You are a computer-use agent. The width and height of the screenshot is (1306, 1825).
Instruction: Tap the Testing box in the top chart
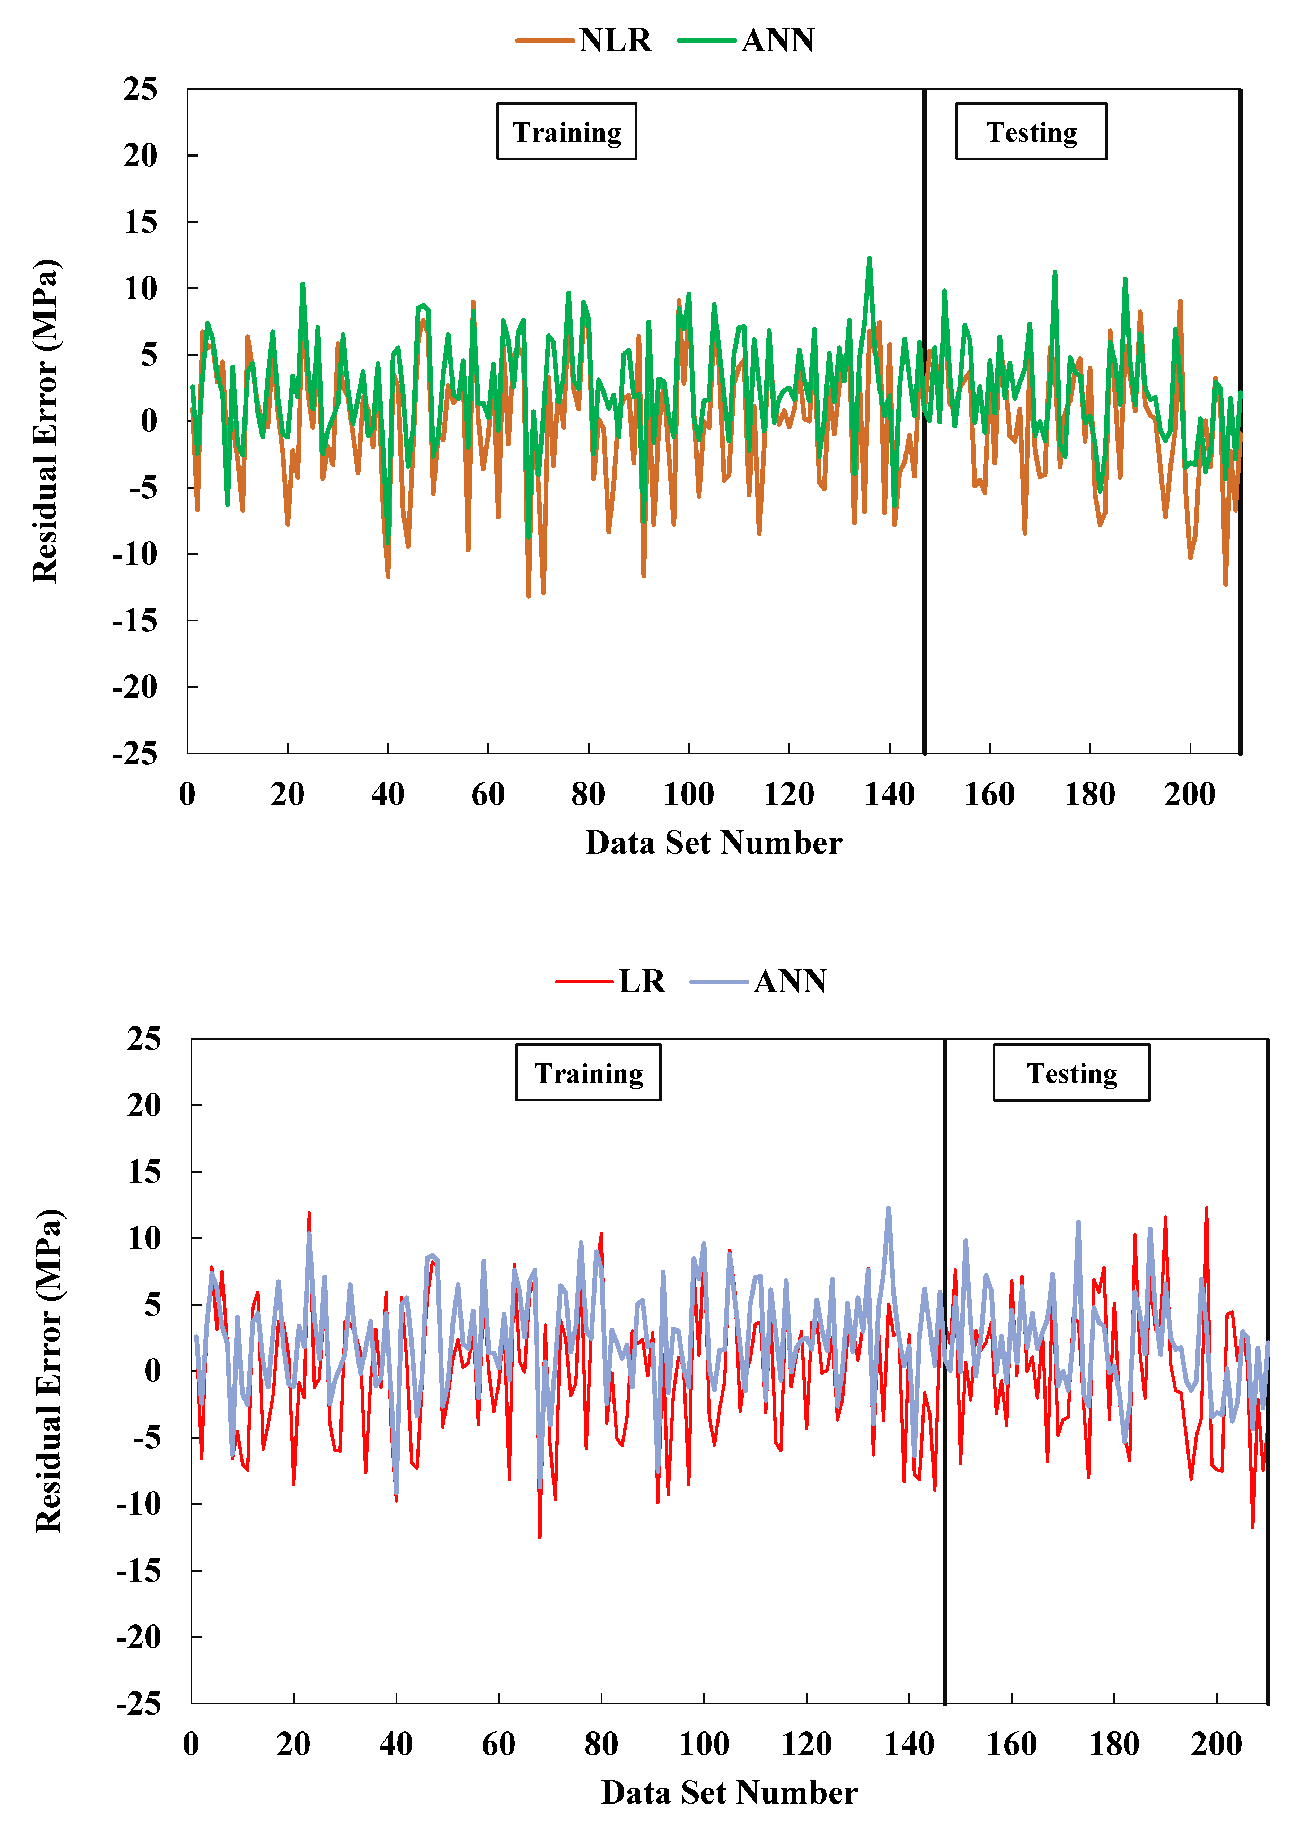click(1031, 132)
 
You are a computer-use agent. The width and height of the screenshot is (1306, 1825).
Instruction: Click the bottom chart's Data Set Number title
click(730, 1792)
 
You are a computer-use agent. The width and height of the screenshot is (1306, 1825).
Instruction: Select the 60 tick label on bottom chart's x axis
click(498, 1744)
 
